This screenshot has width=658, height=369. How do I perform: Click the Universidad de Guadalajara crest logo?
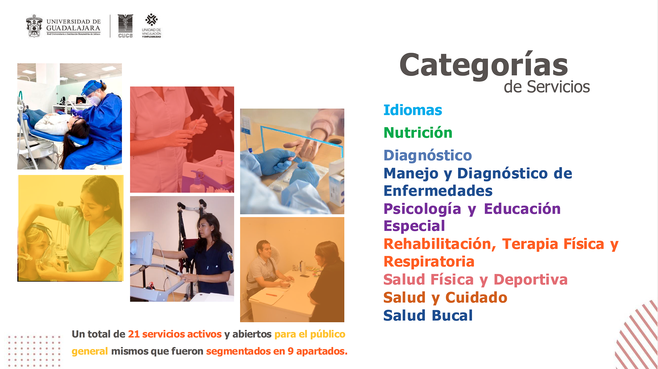click(34, 26)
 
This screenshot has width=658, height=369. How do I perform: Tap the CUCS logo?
click(125, 26)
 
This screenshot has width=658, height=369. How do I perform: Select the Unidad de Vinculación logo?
click(151, 26)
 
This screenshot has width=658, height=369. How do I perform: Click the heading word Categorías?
click(484, 65)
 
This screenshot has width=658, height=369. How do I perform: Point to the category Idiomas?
click(413, 110)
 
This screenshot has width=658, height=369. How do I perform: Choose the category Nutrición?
click(418, 133)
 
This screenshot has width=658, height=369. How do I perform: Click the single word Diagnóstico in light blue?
click(428, 155)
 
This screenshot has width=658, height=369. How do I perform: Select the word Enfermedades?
click(438, 191)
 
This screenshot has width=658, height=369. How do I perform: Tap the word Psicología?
click(422, 209)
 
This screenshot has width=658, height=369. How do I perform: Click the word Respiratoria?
click(429, 262)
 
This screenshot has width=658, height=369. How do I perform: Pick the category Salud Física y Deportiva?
click(476, 280)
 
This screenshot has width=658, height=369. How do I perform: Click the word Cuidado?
click(476, 298)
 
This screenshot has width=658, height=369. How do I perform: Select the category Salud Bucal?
click(428, 316)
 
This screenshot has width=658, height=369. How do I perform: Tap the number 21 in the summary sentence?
click(134, 334)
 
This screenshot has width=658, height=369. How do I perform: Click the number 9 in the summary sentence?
click(290, 351)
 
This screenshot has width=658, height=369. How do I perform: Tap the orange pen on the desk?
click(271, 295)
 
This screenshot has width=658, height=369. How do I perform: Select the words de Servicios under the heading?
click(547, 87)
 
